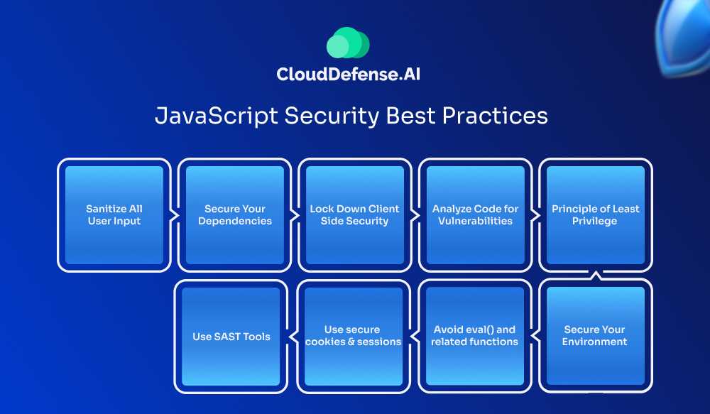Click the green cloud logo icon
pos(348,43)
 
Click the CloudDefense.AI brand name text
pos(348,74)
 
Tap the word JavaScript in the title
pos(216,116)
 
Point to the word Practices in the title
pos(495,116)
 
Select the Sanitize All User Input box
pos(114,215)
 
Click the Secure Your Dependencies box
pos(234,215)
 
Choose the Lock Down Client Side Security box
pos(355,215)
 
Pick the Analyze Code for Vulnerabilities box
pos(476,215)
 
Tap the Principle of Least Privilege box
pos(596,215)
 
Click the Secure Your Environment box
pos(596,336)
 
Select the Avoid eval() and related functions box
pos(474,336)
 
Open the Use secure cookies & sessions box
pos(354,336)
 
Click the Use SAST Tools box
pos(231,336)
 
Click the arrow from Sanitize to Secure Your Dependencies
pos(175,216)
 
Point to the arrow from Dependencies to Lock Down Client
pos(295,216)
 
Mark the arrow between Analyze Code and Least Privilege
pos(535,216)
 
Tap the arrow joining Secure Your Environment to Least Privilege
pos(596,276)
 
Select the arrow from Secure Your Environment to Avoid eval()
pos(535,337)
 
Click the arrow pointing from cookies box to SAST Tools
pos(293,337)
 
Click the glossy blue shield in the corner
pos(684,37)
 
